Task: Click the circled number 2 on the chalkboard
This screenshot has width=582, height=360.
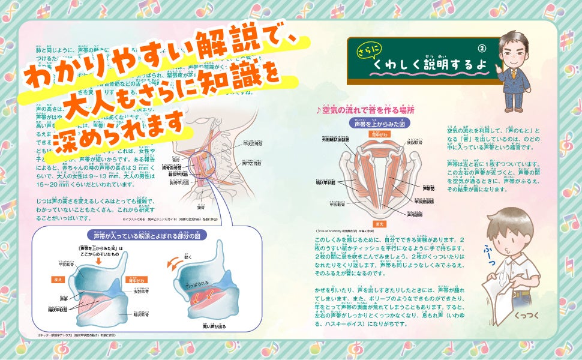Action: (x=481, y=48)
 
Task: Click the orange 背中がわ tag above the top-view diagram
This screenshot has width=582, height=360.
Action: (x=380, y=134)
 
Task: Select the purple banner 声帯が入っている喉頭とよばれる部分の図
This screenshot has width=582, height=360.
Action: (x=137, y=235)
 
